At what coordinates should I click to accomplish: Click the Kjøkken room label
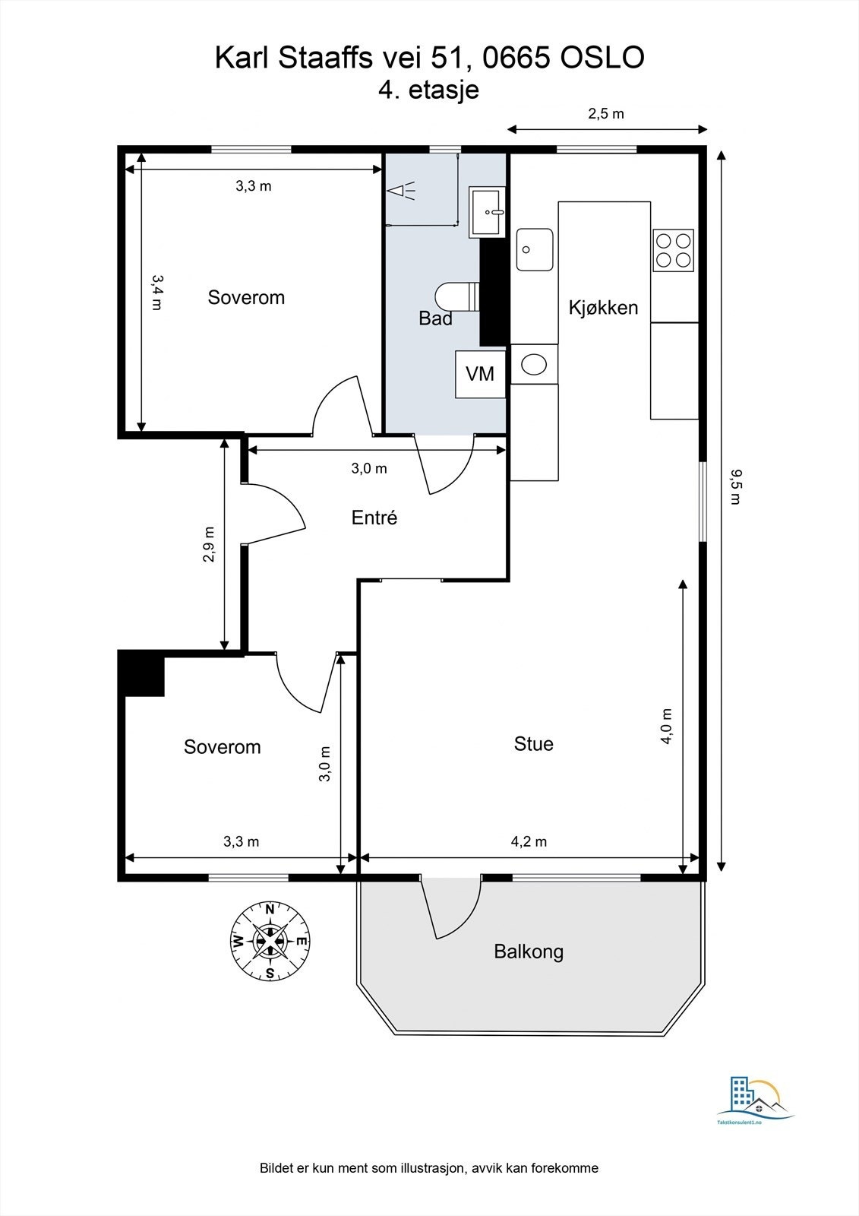(x=603, y=308)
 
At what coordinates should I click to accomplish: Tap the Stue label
(x=533, y=744)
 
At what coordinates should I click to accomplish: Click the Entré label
(x=374, y=518)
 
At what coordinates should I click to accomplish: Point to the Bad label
(x=435, y=318)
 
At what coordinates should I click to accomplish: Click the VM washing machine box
(x=480, y=374)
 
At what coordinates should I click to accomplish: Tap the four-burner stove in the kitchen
(x=674, y=250)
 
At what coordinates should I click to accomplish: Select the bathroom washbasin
(x=488, y=212)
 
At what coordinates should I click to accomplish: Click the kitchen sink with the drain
(x=535, y=249)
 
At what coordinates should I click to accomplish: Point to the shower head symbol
(x=401, y=191)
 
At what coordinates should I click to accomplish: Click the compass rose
(x=270, y=941)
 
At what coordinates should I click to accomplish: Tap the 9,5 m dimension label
(x=735, y=486)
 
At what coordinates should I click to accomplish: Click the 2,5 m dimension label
(x=606, y=113)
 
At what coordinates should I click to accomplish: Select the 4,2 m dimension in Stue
(x=529, y=841)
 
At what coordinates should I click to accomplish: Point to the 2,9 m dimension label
(x=208, y=544)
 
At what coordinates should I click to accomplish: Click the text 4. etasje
(x=428, y=90)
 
